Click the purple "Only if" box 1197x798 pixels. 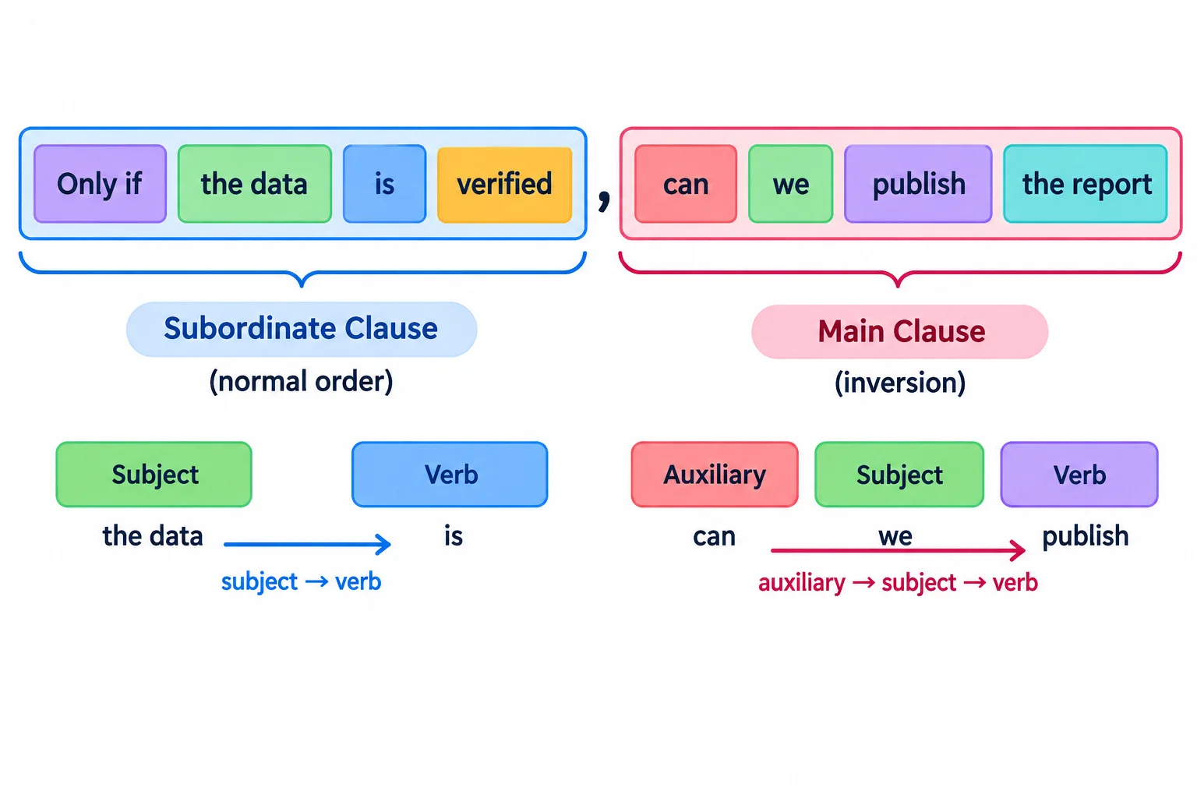click(100, 184)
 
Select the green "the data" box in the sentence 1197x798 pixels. click(254, 184)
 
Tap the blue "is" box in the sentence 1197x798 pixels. click(384, 184)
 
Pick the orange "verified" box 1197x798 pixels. click(504, 185)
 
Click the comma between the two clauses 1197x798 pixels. click(604, 200)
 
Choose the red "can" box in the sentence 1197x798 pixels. click(686, 184)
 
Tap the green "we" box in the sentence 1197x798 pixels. click(790, 184)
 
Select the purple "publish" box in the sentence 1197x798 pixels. click(918, 184)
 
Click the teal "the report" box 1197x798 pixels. click(1086, 184)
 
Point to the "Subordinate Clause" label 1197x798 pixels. click(302, 329)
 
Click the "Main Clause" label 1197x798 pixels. click(900, 331)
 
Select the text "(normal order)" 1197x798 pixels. click(301, 382)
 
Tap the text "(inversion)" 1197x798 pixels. click(900, 383)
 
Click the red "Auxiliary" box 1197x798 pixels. click(715, 475)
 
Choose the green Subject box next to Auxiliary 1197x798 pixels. click(899, 475)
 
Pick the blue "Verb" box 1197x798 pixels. click(450, 475)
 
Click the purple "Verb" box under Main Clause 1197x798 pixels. click(1079, 475)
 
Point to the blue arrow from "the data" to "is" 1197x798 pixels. click(307, 545)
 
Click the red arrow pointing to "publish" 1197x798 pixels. click(898, 550)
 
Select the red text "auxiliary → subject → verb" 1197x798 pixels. click(898, 583)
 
